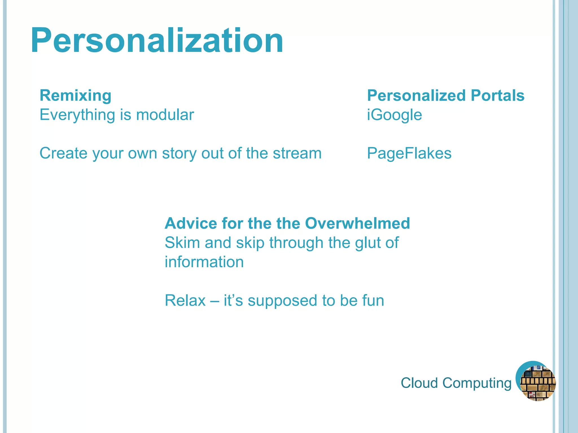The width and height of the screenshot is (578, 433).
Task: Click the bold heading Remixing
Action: click(75, 95)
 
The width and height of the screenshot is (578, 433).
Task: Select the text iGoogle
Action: click(394, 115)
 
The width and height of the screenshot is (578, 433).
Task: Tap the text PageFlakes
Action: click(409, 154)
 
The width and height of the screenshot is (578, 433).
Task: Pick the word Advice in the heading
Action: click(191, 223)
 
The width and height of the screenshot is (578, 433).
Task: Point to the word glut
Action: click(367, 243)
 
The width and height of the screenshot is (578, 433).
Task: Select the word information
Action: click(204, 262)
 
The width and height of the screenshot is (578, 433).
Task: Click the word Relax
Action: click(185, 301)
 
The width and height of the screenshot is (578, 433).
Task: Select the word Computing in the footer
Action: click(477, 383)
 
